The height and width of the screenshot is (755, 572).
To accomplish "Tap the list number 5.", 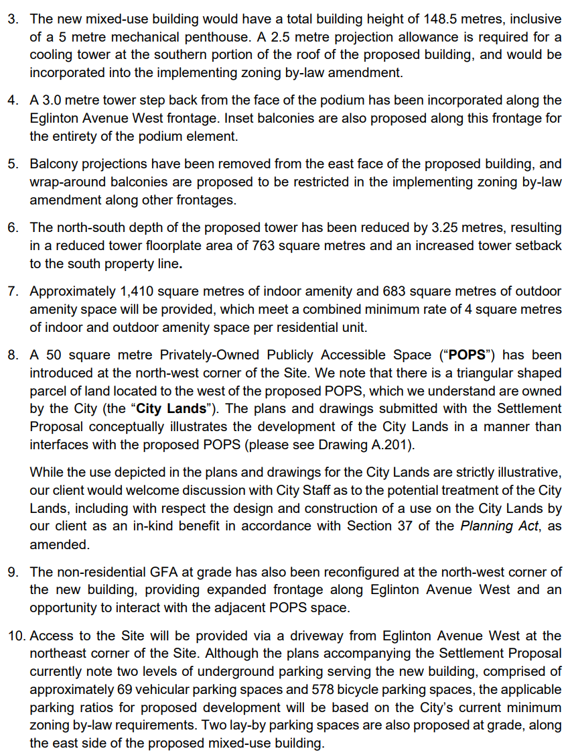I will pos(13,164).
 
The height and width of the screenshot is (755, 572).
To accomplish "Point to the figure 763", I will pos(264,245).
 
